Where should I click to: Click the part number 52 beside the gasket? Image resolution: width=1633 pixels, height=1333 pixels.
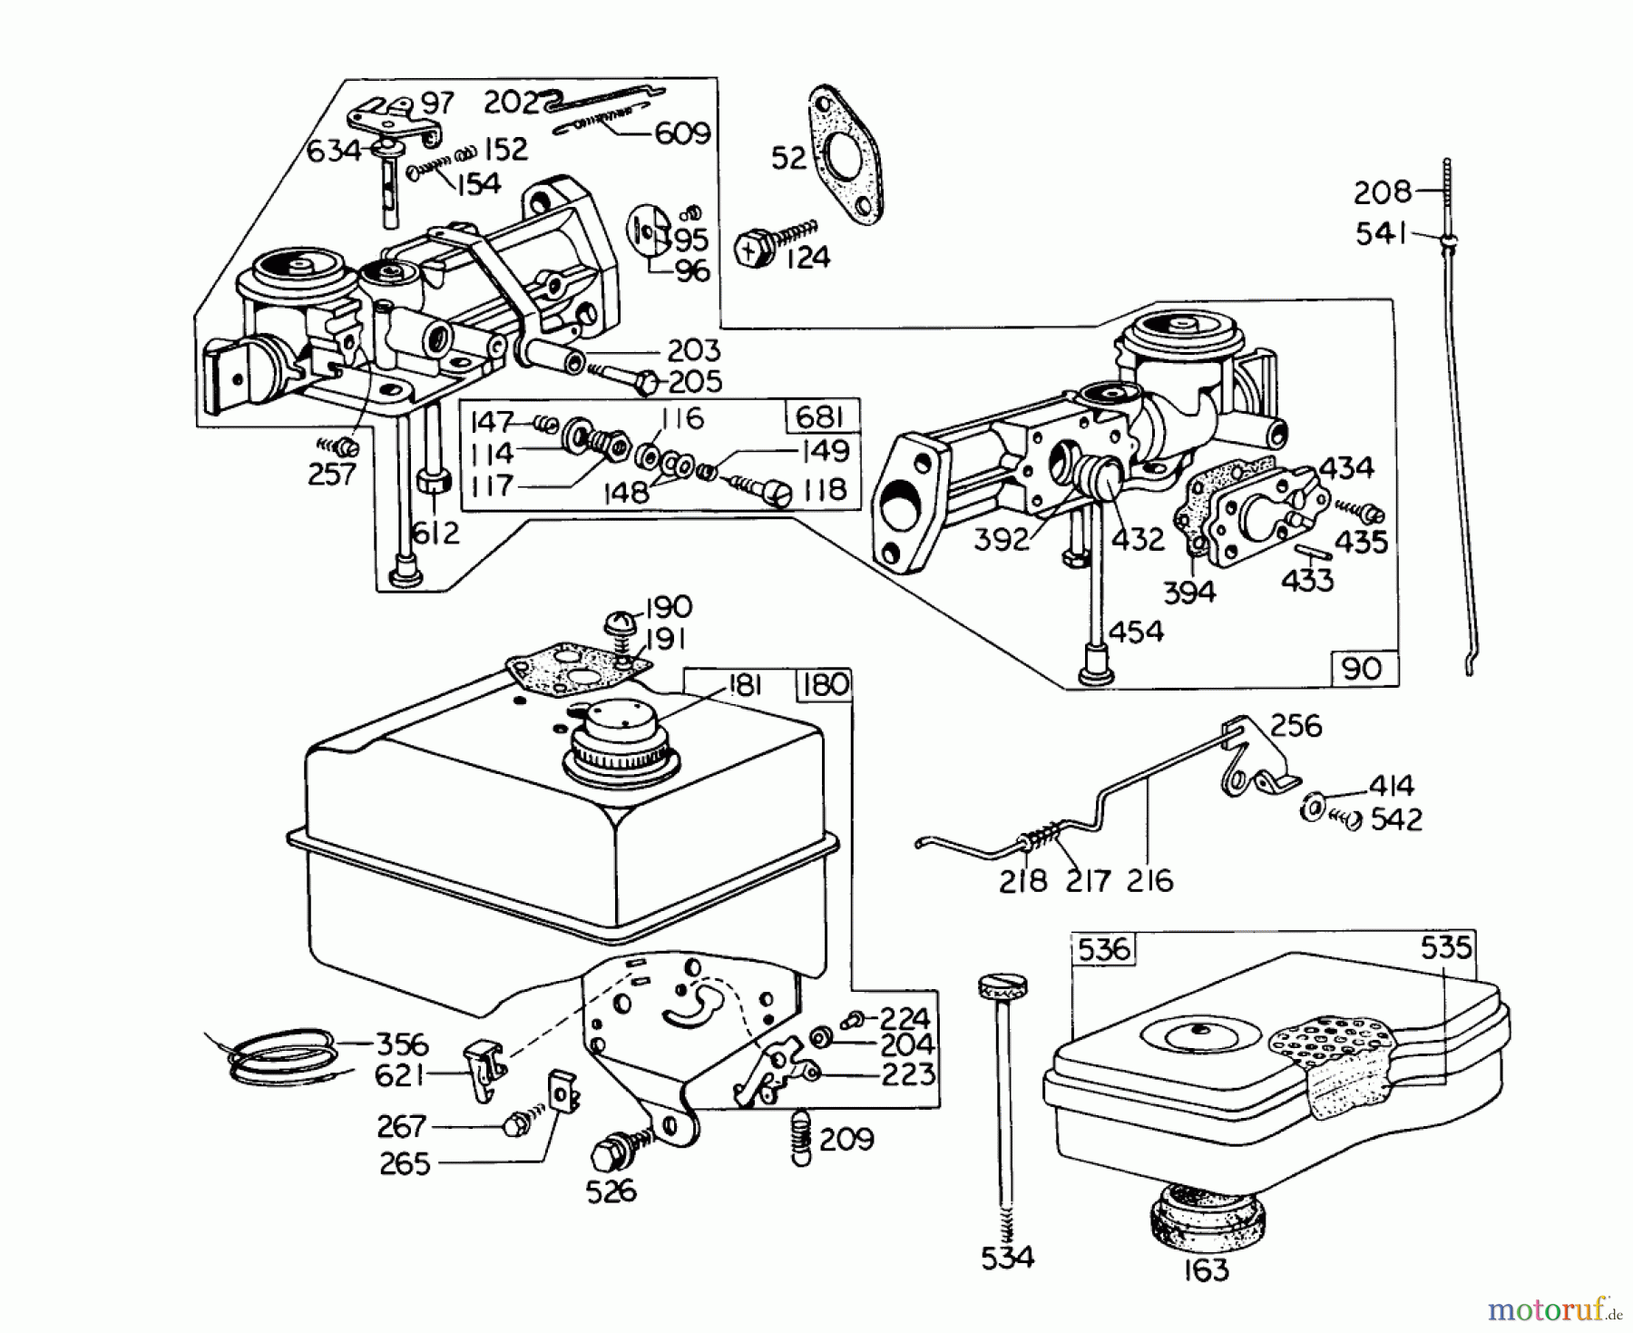point(787,158)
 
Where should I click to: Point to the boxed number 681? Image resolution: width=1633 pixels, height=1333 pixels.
point(820,417)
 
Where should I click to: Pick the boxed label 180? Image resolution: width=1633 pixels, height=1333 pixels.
point(824,685)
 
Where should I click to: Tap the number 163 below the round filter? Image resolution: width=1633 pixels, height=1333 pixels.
point(1206,1270)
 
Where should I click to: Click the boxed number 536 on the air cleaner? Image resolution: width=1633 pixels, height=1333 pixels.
point(1103,950)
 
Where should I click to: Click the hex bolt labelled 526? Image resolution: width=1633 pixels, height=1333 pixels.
point(606,1153)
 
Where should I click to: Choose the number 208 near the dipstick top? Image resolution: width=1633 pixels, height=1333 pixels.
point(1383,192)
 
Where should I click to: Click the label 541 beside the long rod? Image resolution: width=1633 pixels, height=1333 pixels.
point(1381,235)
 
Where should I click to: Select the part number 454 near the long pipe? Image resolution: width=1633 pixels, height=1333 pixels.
point(1135,631)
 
